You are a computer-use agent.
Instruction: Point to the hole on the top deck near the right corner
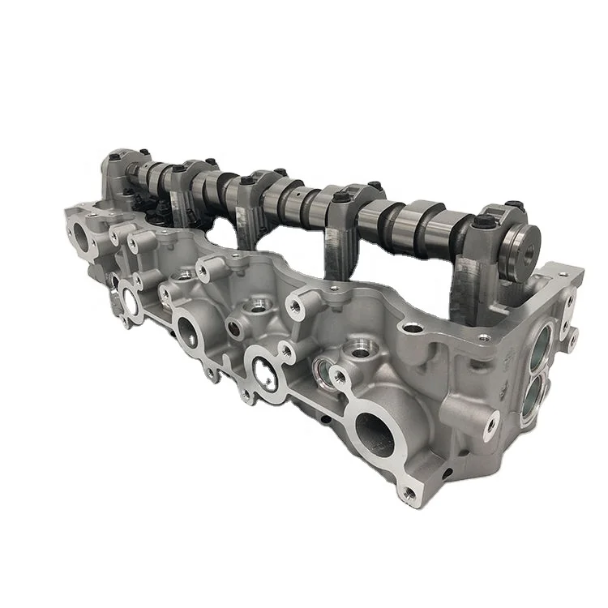point(415,329)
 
